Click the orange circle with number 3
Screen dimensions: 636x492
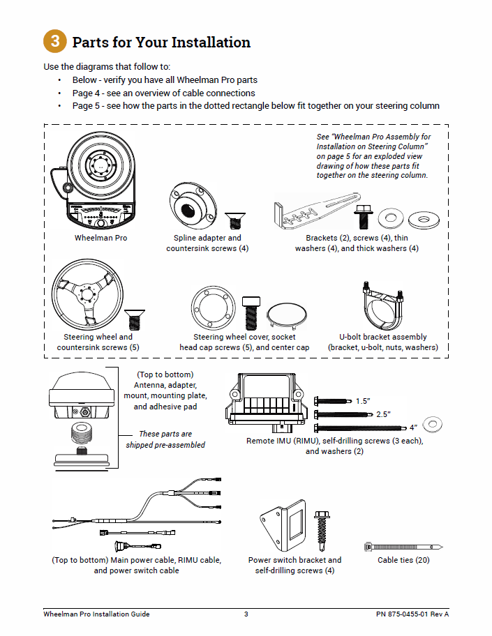point(54,42)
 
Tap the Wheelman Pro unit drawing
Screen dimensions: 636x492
point(100,181)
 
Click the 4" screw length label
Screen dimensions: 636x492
point(414,427)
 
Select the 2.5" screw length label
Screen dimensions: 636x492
point(383,414)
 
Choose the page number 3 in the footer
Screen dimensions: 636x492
point(246,614)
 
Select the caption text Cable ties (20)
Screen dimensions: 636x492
point(403,560)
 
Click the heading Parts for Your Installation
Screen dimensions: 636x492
point(161,42)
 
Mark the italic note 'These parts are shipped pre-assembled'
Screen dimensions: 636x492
point(165,439)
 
